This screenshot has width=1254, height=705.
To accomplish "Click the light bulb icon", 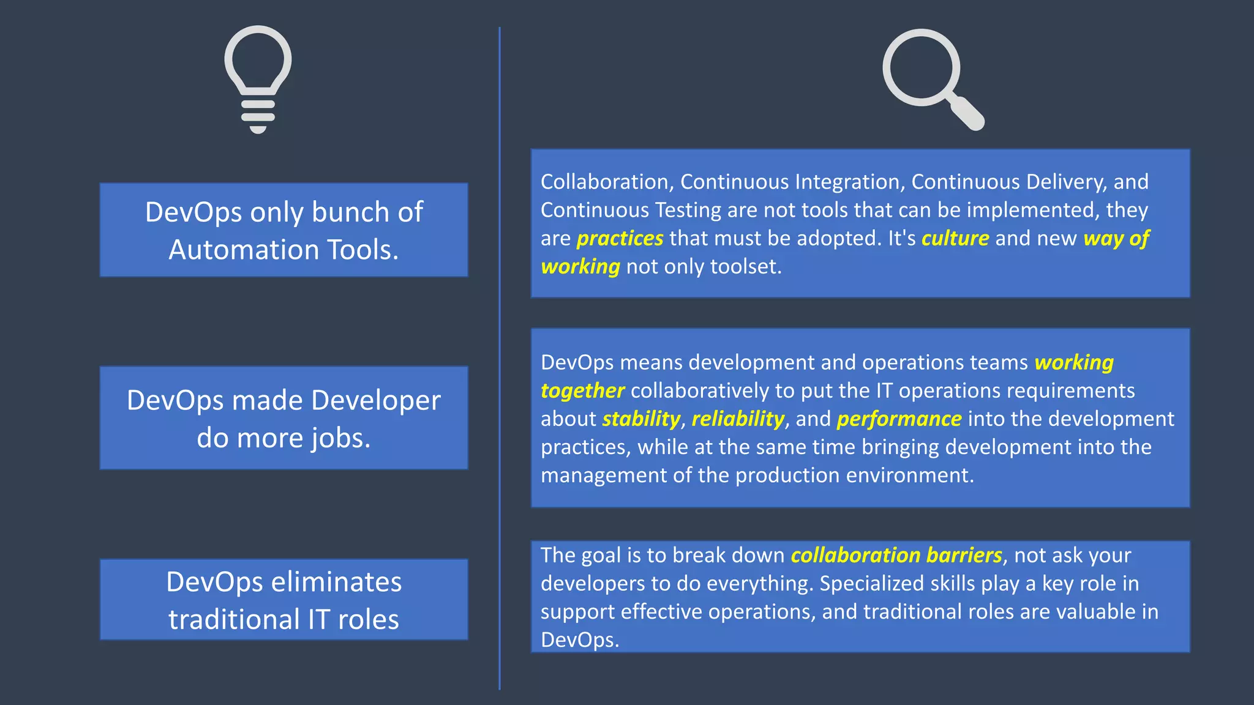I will point(258,78).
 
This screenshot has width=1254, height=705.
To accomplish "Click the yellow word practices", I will point(620,238).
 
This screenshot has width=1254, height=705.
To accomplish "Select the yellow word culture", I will point(955,238).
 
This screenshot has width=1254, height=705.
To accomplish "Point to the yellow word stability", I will point(640,419).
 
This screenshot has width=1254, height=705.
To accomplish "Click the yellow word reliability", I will point(737,419).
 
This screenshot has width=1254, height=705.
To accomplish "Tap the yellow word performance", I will point(899,419).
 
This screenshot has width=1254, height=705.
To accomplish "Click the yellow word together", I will point(582,391).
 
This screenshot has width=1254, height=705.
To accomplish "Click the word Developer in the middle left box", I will point(375,401).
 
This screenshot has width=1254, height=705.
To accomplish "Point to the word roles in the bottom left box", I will point(368,619).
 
